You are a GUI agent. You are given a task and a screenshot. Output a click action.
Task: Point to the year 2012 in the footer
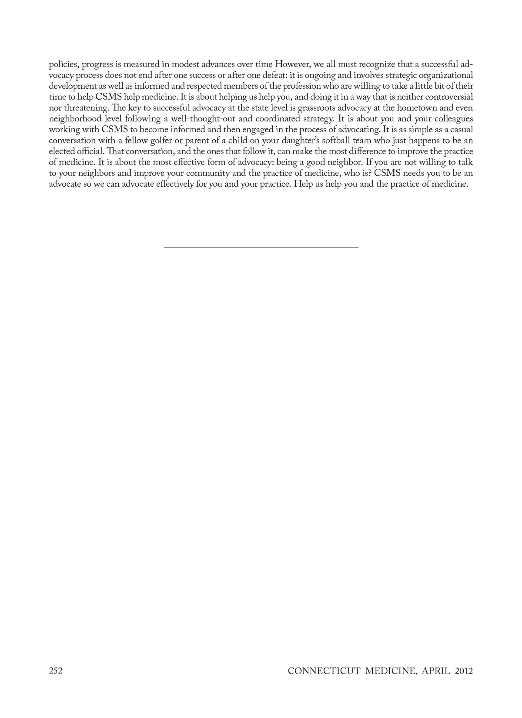tap(463, 671)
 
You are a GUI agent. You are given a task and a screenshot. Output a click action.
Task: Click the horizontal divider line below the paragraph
tap(261, 247)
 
